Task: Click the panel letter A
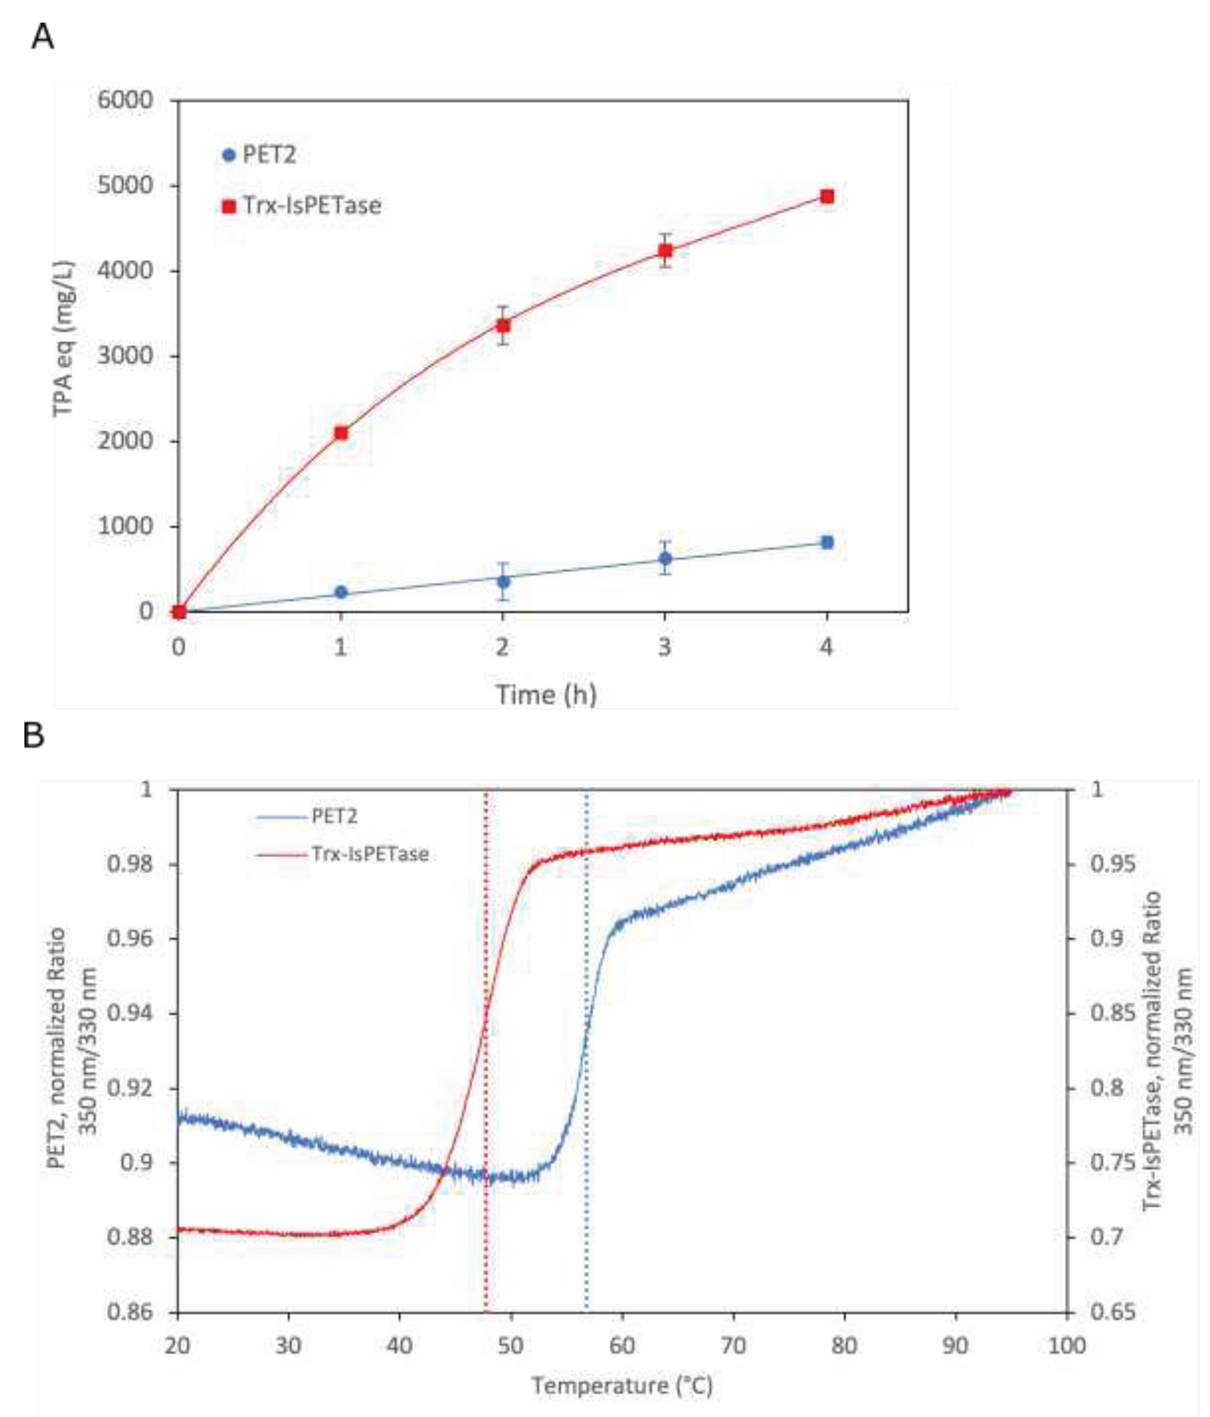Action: coord(43,36)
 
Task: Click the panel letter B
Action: coord(34,736)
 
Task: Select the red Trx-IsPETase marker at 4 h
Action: coord(826,197)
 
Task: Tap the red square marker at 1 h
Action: coord(341,433)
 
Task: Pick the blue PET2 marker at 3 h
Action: coord(664,559)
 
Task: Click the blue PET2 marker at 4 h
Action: coord(826,542)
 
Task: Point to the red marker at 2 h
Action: coord(503,326)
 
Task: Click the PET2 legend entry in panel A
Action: coord(260,155)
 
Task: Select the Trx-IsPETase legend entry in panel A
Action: coord(301,205)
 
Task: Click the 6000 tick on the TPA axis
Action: coord(125,101)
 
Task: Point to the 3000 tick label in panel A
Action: coord(125,356)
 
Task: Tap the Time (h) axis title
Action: coord(546,695)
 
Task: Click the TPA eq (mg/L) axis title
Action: coord(63,338)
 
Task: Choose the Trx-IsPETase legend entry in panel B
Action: coord(342,854)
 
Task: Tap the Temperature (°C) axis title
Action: coord(622,1386)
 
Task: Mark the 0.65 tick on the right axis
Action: coord(1112,1312)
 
